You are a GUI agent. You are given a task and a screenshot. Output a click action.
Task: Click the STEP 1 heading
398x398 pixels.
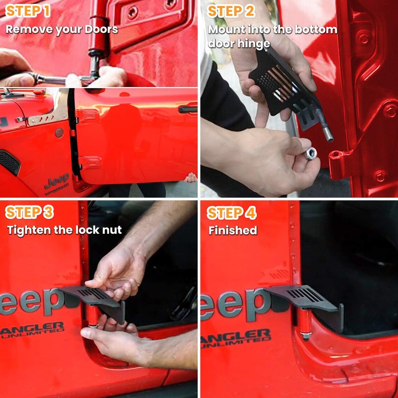coord(28,11)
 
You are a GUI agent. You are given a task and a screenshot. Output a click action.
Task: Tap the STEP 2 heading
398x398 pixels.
coord(231,11)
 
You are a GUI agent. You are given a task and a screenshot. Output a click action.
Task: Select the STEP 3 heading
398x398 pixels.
coord(29,212)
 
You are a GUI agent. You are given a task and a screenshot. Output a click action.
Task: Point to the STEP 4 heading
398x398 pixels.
coord(231,213)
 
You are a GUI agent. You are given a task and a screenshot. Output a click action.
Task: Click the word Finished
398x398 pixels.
coord(233,230)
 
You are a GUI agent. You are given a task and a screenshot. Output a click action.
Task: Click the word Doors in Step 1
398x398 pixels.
coord(101,29)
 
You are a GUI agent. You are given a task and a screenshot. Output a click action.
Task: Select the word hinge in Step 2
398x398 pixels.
coord(254,44)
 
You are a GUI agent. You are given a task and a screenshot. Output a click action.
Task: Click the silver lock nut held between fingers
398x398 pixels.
coord(310,154)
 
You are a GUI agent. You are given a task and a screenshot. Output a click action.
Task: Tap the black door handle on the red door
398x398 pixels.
coord(188,109)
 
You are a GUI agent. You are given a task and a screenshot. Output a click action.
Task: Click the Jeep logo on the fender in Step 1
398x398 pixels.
coord(57,181)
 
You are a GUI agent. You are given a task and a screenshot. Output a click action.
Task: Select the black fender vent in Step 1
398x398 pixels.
coord(10,163)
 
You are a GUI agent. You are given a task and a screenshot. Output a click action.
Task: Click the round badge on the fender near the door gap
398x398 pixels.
coord(59,133)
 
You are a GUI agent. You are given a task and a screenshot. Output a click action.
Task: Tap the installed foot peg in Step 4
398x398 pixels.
coord(304,303)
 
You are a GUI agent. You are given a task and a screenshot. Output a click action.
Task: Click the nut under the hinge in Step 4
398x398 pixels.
coord(306,335)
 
